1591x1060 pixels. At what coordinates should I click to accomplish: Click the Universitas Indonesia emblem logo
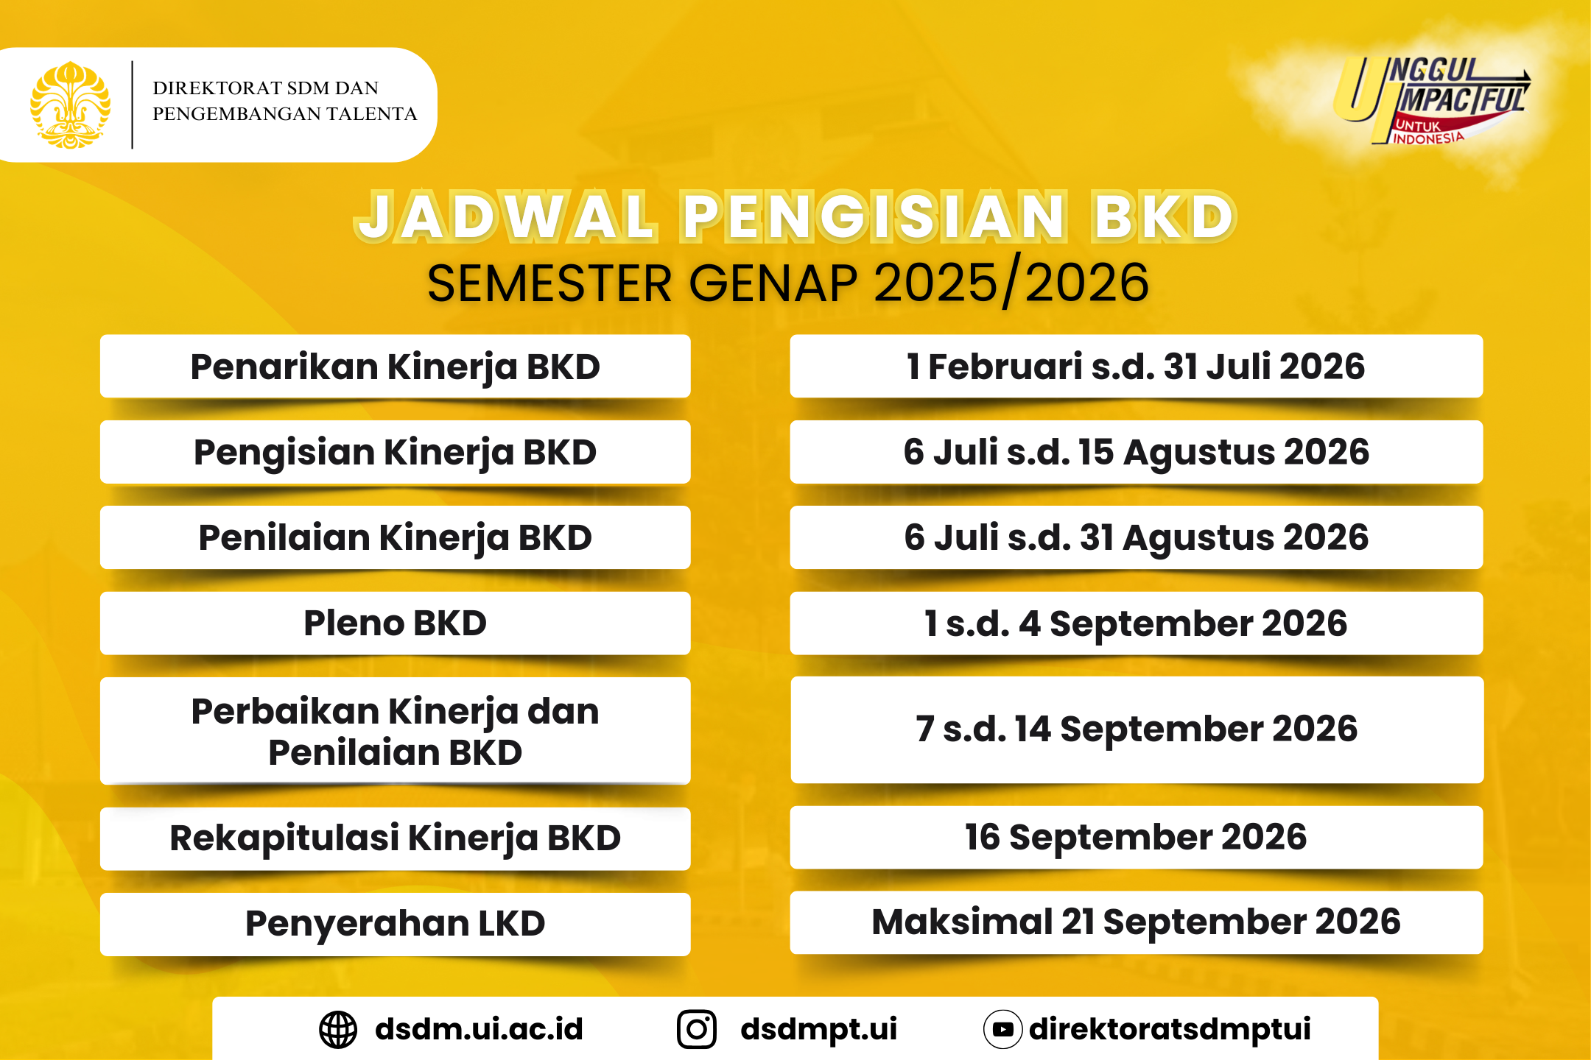[x=70, y=105]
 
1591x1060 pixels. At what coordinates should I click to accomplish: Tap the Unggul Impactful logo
[x=1431, y=100]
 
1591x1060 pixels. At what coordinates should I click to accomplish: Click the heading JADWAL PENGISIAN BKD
[x=795, y=216]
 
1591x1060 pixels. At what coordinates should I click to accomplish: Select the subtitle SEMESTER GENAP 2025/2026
[x=787, y=283]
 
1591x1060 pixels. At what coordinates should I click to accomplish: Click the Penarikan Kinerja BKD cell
[x=396, y=367]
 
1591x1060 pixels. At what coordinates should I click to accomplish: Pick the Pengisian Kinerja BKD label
[x=396, y=452]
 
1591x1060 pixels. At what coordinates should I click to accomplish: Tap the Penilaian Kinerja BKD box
[x=396, y=537]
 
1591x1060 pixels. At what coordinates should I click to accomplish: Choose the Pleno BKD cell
[x=396, y=623]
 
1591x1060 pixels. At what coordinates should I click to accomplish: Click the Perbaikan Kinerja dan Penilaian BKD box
[x=396, y=731]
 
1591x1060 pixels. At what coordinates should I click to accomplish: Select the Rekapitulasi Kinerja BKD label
[x=396, y=838]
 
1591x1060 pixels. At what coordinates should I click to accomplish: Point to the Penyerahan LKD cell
[x=396, y=924]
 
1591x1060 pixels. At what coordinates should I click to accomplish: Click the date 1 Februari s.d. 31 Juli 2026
[x=1136, y=367]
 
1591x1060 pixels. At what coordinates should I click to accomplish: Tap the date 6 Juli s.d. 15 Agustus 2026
[x=1136, y=452]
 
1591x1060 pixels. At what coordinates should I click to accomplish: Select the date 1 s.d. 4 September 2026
[x=1136, y=623]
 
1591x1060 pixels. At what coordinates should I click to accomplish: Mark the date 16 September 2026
[x=1136, y=838]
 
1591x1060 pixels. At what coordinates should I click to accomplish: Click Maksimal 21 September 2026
[x=1136, y=922]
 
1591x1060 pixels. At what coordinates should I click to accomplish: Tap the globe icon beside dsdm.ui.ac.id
[x=338, y=1029]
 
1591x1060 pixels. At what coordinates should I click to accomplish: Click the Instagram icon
[x=697, y=1029]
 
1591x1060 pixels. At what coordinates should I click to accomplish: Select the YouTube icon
[x=1002, y=1029]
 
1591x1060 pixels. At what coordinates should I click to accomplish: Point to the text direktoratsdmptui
[x=1170, y=1029]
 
